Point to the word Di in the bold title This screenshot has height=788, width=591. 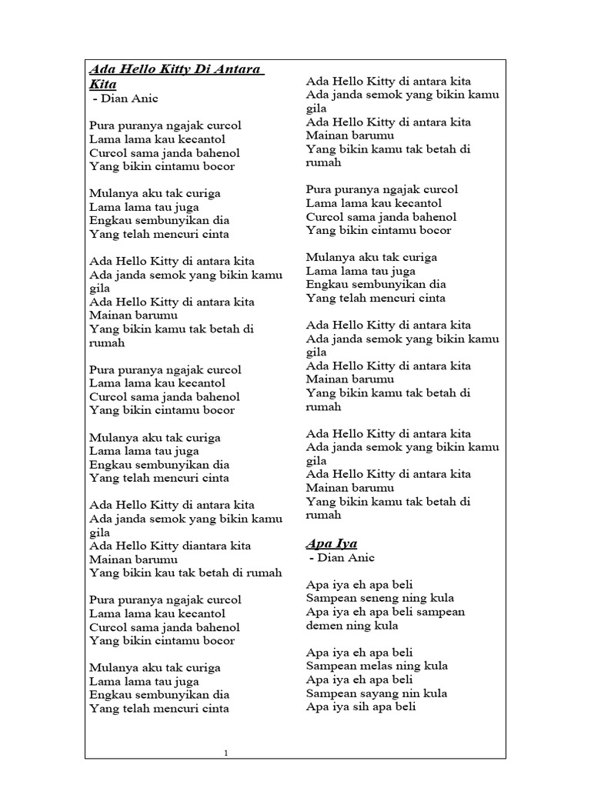[x=202, y=70]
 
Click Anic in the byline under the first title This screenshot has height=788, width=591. [x=143, y=98]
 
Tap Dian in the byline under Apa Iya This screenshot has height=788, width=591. [x=330, y=557]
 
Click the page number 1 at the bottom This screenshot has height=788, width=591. [x=226, y=753]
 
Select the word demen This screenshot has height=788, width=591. [x=324, y=626]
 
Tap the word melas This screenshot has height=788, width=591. [x=375, y=666]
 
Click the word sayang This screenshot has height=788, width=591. [x=379, y=693]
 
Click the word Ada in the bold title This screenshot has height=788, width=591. [x=99, y=70]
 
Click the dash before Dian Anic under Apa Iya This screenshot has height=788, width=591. [x=312, y=557]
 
